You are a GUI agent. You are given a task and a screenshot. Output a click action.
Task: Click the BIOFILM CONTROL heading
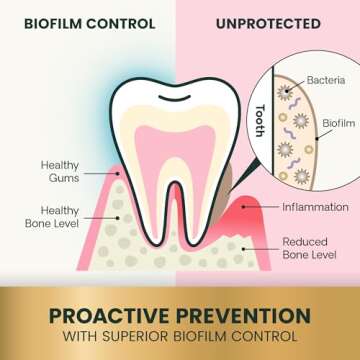90,22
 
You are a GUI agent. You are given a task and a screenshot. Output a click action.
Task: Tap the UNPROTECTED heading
270,22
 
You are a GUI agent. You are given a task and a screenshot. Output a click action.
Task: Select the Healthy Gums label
60,171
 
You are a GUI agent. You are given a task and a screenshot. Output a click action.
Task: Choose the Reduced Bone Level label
312,248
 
